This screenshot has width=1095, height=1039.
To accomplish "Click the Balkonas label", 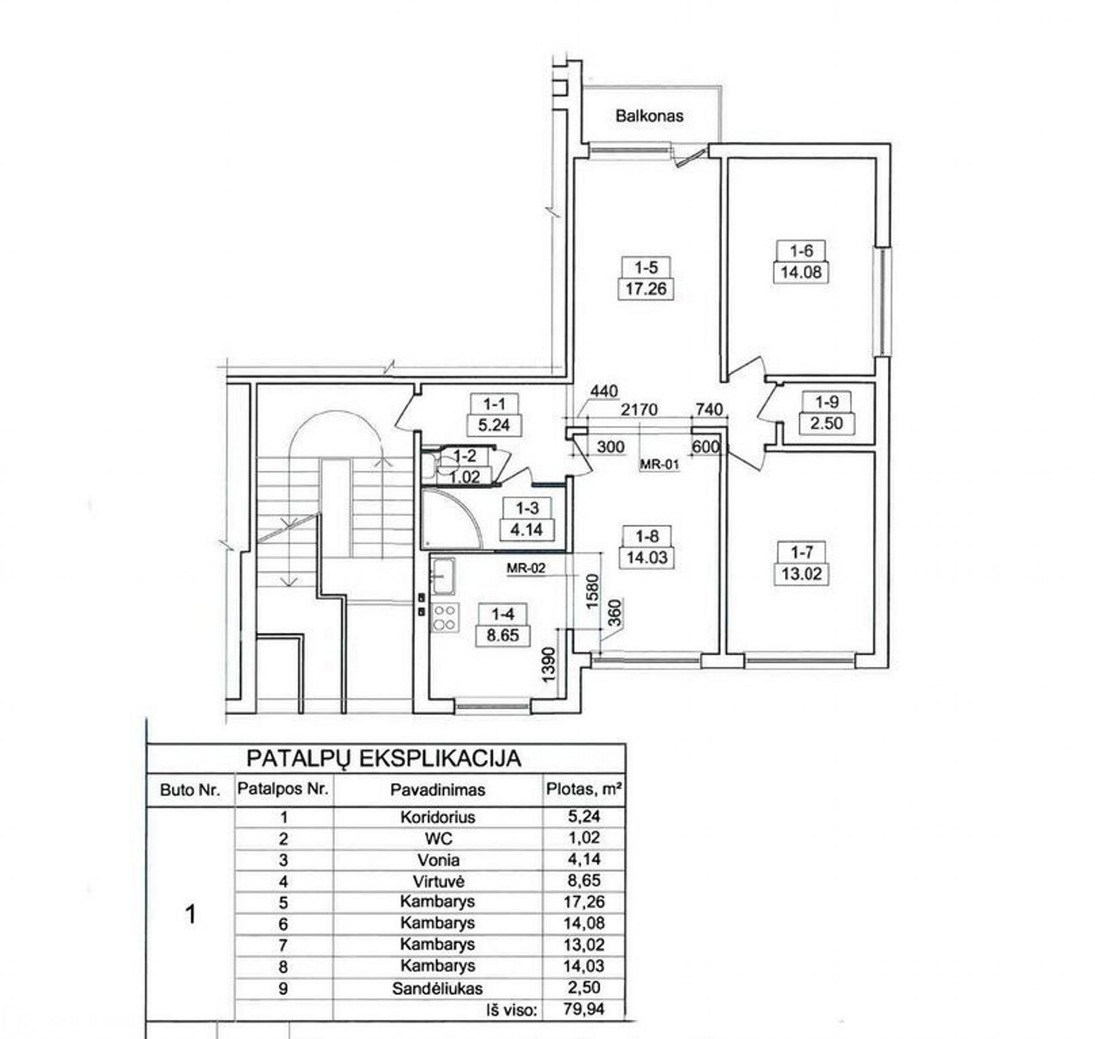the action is pyautogui.click(x=649, y=116).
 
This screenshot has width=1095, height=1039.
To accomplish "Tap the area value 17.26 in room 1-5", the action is pyautogui.click(x=646, y=289).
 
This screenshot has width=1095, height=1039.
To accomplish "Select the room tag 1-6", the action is pyautogui.click(x=801, y=251).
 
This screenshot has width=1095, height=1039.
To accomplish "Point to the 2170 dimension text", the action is pyautogui.click(x=639, y=409).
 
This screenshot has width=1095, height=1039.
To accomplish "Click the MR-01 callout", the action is pyautogui.click(x=660, y=464).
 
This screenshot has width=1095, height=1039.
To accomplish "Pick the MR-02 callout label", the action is pyautogui.click(x=526, y=568).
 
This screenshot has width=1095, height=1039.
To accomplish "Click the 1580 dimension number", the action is pyautogui.click(x=593, y=593).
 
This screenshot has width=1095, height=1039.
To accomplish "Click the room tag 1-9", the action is pyautogui.click(x=826, y=401).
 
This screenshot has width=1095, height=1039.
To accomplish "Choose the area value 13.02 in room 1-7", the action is pyautogui.click(x=802, y=574).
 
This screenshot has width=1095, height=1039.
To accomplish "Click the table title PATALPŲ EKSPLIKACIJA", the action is pyautogui.click(x=384, y=759).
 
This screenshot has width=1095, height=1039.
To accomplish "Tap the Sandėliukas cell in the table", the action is pyautogui.click(x=437, y=988).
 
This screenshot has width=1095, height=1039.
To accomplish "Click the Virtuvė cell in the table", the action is pyautogui.click(x=439, y=881).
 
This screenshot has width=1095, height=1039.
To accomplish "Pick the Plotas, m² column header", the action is pyautogui.click(x=584, y=788).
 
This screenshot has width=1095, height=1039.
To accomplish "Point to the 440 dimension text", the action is pyautogui.click(x=604, y=391).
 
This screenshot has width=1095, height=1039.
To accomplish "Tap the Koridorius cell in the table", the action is pyautogui.click(x=438, y=817).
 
